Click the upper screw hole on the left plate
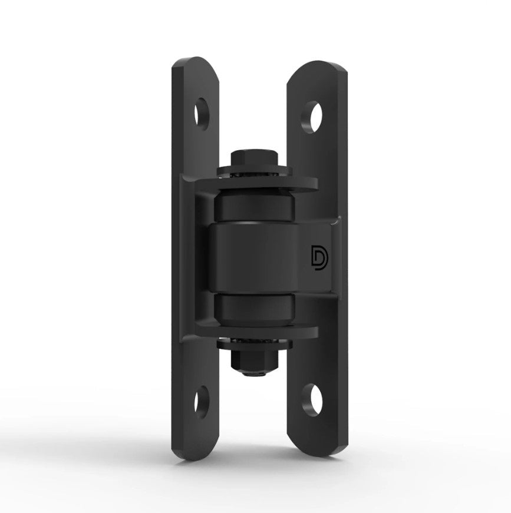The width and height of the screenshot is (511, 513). (202, 111)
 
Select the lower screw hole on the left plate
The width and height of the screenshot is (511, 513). (202, 400)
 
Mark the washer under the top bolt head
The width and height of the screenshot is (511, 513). (253, 171)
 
